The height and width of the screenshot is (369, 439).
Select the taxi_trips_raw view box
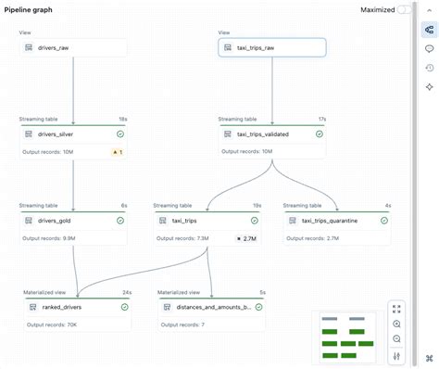(271, 47)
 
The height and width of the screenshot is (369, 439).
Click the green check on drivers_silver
(121, 134)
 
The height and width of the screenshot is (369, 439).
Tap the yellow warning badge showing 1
(118, 152)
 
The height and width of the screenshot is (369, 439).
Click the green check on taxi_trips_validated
(319, 134)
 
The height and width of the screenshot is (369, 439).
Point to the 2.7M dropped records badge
(246, 238)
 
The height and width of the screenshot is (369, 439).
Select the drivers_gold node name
(57, 221)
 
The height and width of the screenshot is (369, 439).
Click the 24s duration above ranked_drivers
(125, 292)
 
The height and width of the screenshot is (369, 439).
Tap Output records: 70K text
(52, 324)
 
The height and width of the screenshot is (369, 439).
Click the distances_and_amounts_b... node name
(212, 307)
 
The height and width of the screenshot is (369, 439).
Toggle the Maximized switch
(405, 9)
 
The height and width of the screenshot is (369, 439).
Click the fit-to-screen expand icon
(396, 309)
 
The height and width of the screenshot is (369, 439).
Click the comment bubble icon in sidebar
(429, 48)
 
